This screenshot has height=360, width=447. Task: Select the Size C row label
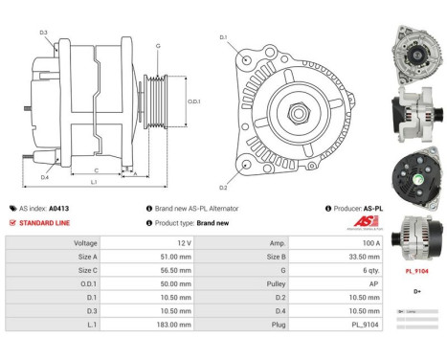(x=86, y=271)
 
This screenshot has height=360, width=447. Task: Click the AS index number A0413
(x=59, y=208)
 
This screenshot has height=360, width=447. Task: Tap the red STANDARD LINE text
(x=46, y=222)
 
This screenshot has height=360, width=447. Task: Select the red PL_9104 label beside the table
(x=416, y=272)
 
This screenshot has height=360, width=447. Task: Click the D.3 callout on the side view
(x=44, y=33)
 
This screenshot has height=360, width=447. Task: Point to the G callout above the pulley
(x=157, y=46)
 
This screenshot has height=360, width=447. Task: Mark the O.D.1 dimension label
(x=193, y=101)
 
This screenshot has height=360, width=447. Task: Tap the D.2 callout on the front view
(x=223, y=188)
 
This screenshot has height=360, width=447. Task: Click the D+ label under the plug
(x=416, y=291)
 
